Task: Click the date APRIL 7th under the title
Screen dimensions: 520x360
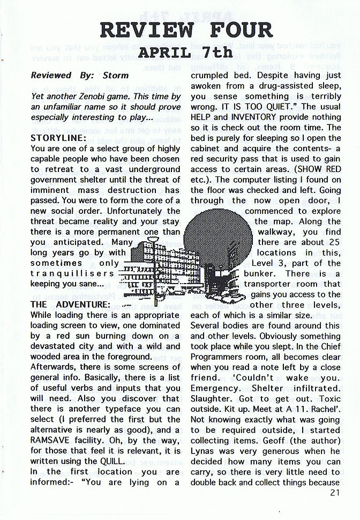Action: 185,53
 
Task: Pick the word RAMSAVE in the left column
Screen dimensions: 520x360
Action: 52,440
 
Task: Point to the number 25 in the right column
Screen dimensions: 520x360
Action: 332,242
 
